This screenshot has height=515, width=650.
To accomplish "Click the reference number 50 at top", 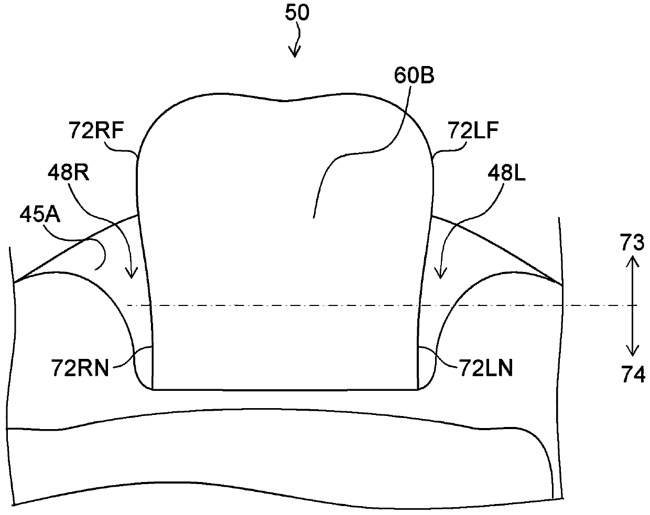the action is click(297, 14).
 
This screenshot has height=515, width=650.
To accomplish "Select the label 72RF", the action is click(96, 130).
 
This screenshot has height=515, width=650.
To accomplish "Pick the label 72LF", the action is click(473, 130).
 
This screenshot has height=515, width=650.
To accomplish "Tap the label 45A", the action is click(40, 215).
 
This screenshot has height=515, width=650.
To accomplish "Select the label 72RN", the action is click(80, 368).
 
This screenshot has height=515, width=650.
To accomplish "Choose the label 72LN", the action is click(486, 368).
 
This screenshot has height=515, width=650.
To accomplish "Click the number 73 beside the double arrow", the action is click(632, 242).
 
